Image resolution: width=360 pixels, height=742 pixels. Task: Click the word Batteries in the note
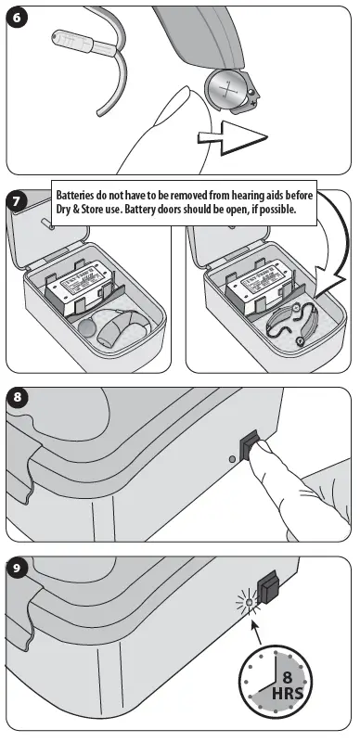[80, 197]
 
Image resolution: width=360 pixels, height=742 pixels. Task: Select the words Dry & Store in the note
[84, 211]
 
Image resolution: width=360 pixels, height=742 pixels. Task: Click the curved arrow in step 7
[316, 250]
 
